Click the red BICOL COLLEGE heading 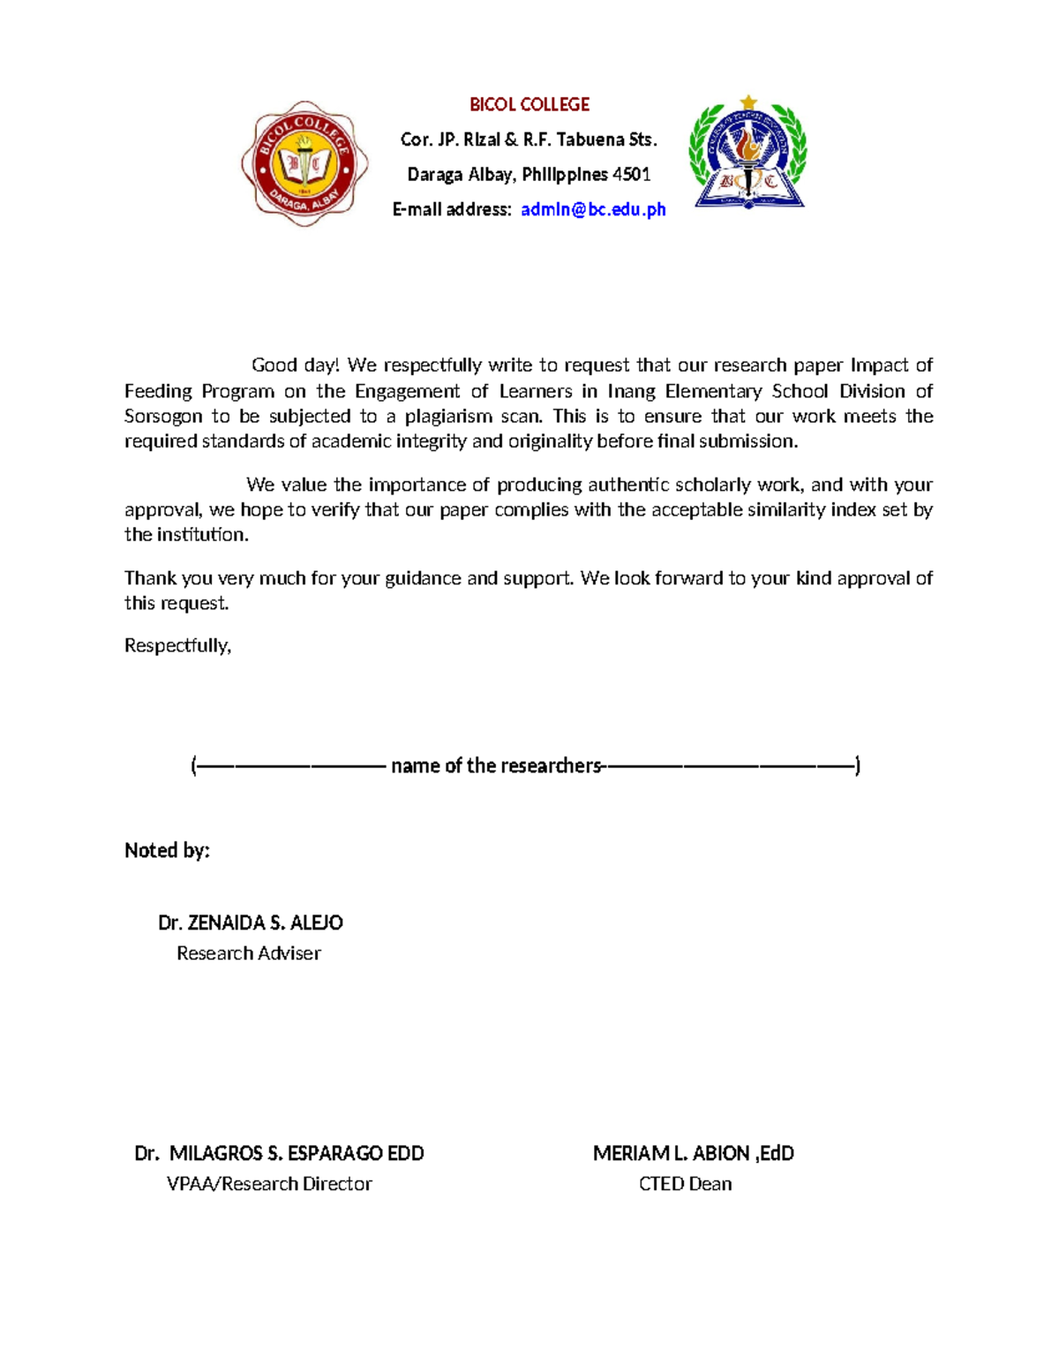tap(529, 105)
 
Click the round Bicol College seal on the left tap(304, 163)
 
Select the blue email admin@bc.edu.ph tap(593, 209)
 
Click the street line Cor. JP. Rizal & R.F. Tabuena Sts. tap(529, 139)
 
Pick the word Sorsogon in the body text tap(163, 417)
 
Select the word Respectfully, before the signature tap(177, 645)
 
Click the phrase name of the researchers tap(496, 765)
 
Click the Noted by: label tap(167, 850)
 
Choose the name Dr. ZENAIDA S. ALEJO tap(251, 923)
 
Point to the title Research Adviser tap(249, 953)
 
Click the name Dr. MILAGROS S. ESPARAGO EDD tap(279, 1153)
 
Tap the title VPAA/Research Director tap(269, 1184)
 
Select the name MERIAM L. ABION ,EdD tap(694, 1153)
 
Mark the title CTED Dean tap(685, 1184)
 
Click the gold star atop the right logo tap(748, 102)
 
